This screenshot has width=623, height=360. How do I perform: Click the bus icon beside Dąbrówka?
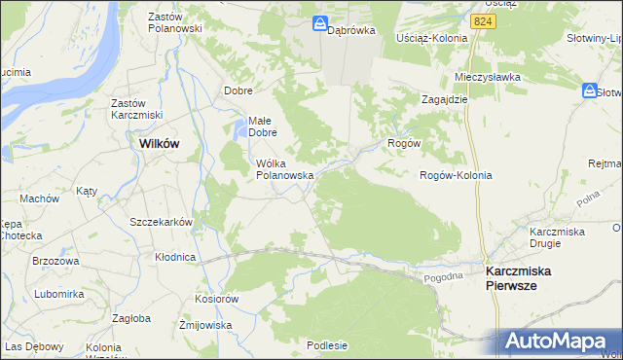point(319,23)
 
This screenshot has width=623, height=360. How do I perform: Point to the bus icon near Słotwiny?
point(590,90)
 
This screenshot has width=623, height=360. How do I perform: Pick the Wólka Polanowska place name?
point(283,169)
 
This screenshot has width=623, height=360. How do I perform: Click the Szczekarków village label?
point(162,222)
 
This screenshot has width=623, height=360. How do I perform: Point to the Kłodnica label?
point(175,258)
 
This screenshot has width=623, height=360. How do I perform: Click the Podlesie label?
point(327,344)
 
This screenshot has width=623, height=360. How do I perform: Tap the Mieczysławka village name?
point(488,77)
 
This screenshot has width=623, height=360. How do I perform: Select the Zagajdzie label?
point(445,99)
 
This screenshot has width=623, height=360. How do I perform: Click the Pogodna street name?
point(444,277)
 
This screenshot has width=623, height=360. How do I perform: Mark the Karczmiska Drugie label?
point(556,237)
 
